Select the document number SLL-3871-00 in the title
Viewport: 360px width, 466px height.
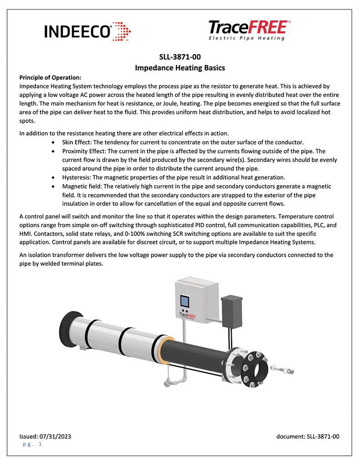click(180, 57)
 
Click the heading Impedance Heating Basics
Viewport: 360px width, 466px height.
click(180, 67)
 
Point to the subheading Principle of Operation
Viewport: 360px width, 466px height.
click(50, 77)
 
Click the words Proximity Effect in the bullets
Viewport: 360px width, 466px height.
click(86, 151)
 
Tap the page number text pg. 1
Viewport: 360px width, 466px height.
click(32, 444)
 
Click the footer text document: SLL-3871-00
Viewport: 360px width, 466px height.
click(308, 436)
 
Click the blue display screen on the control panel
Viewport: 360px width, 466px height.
click(185, 302)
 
